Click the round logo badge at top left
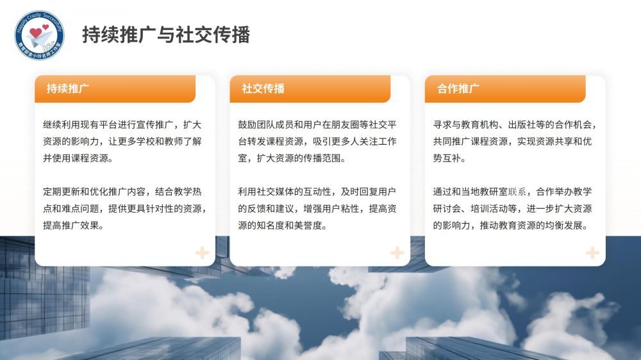tap(39, 35)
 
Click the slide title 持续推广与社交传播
tap(166, 35)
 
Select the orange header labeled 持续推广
tap(115, 88)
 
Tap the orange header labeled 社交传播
tap(310, 88)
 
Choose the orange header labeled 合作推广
tap(505, 88)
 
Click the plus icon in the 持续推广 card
tap(202, 253)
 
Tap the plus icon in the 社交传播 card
tap(397, 253)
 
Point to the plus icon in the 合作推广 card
tap(592, 253)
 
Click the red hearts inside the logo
tap(39, 30)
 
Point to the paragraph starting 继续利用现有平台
tap(122, 142)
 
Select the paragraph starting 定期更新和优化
tap(124, 208)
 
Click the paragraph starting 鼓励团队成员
tap(317, 142)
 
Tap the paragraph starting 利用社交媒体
tap(317, 208)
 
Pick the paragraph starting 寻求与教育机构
tap(514, 142)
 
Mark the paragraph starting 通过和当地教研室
tap(512, 208)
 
